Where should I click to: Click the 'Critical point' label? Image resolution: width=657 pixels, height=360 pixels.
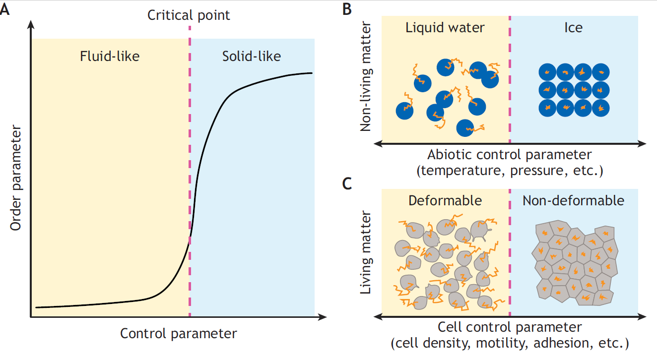[x=189, y=15]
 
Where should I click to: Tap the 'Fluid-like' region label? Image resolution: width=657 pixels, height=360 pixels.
[x=110, y=56]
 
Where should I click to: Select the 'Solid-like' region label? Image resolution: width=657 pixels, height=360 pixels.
[x=251, y=56]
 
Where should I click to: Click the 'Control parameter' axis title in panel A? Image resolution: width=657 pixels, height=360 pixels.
[x=178, y=333]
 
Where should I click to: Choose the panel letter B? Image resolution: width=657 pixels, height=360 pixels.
[x=347, y=9]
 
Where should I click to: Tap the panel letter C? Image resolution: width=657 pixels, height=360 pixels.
[x=347, y=183]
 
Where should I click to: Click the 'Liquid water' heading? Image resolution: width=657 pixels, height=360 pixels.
[x=445, y=27]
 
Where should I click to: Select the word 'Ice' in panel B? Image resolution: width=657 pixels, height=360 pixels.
[x=573, y=27]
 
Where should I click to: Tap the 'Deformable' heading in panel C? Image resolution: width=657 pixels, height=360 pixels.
[x=445, y=200]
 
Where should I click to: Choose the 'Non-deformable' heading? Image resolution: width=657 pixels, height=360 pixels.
[x=573, y=200]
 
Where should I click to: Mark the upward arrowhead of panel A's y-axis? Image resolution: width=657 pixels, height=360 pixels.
[x=31, y=23]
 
